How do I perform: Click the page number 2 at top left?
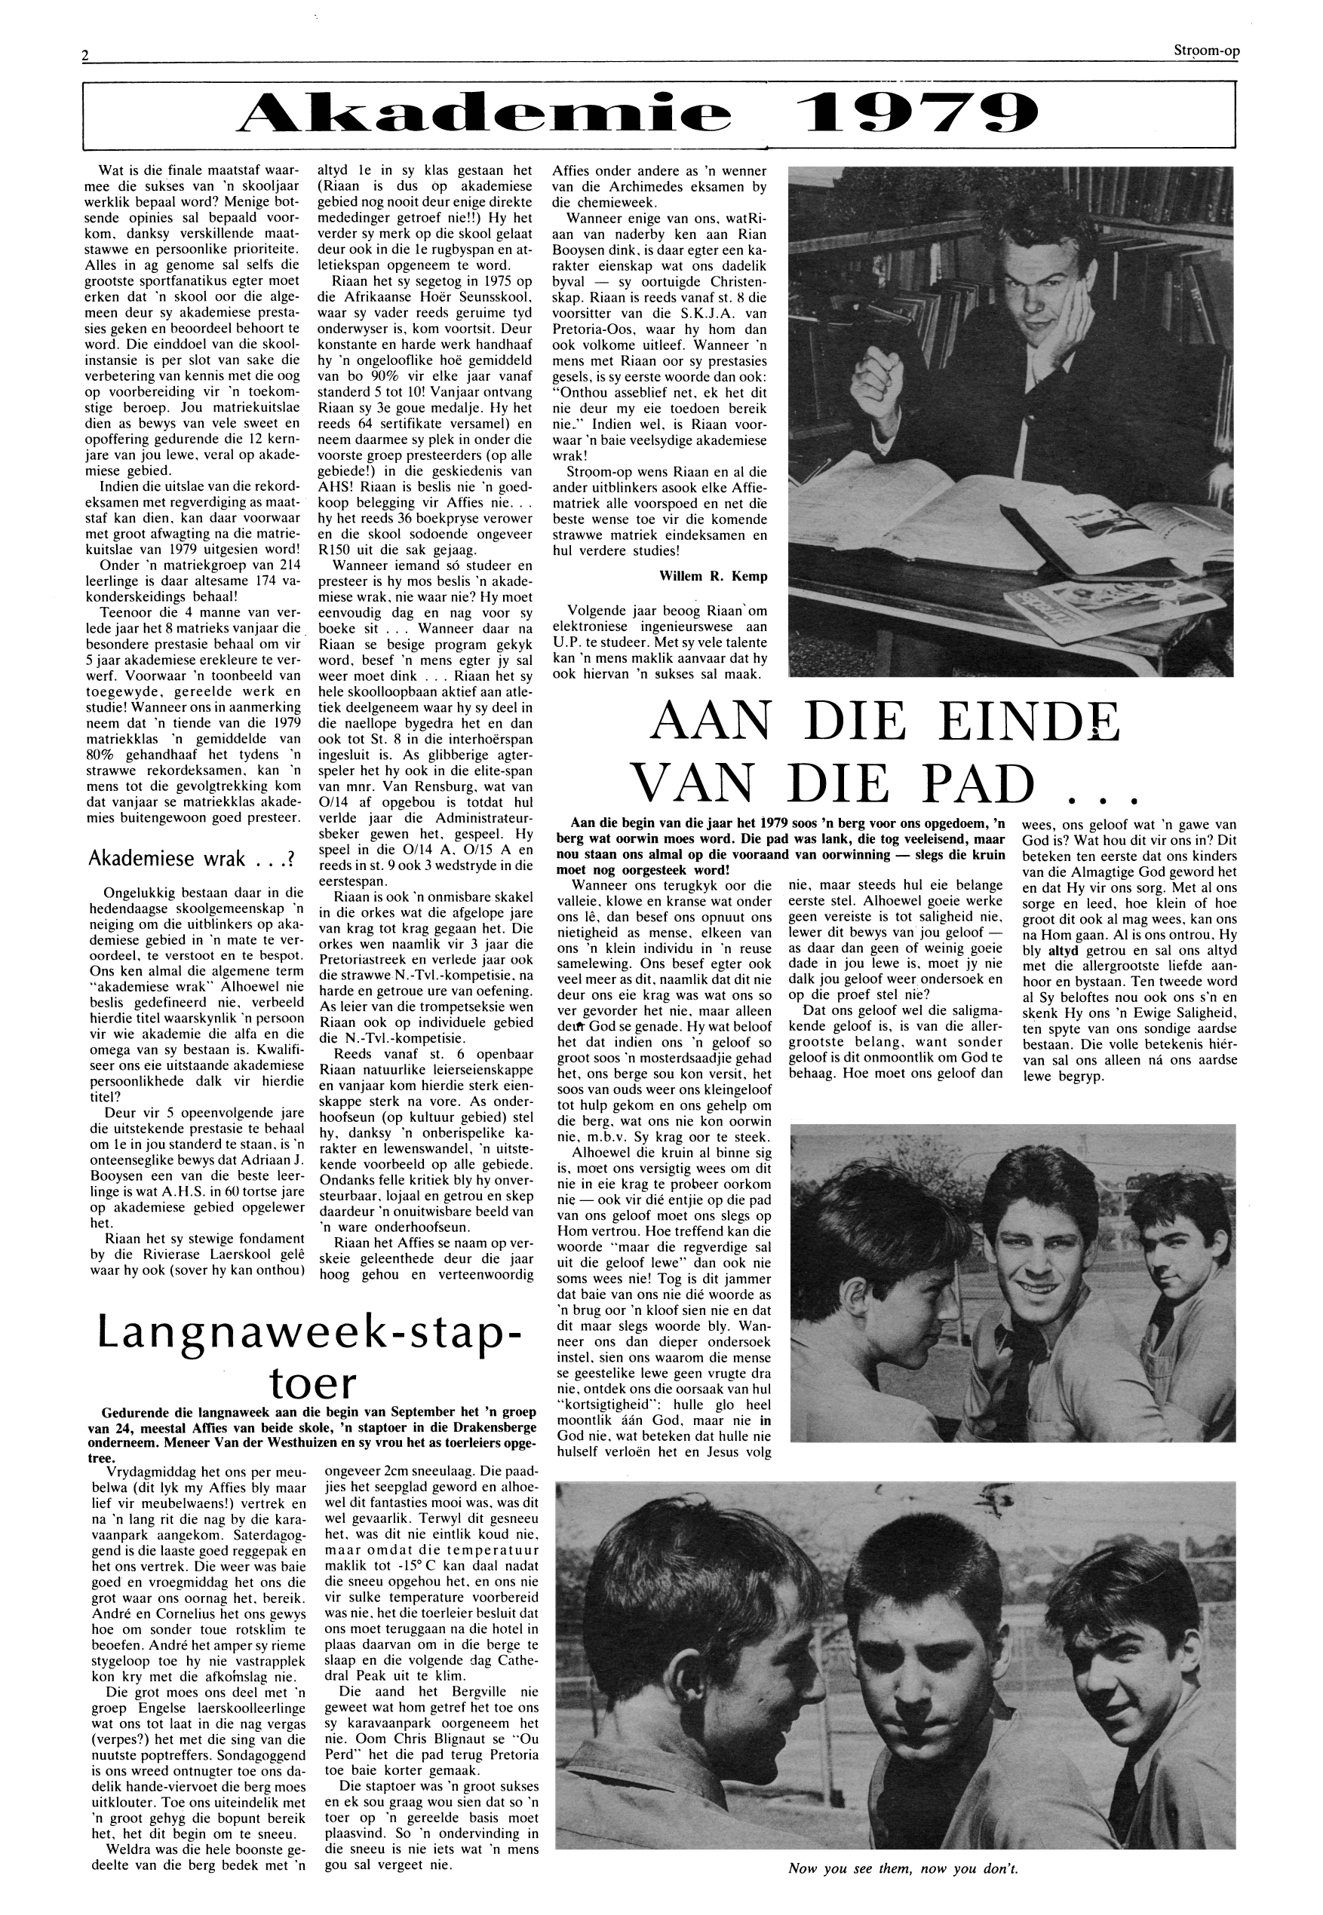[85, 55]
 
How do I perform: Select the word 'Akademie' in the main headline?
[484, 114]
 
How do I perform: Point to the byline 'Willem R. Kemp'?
[713, 576]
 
